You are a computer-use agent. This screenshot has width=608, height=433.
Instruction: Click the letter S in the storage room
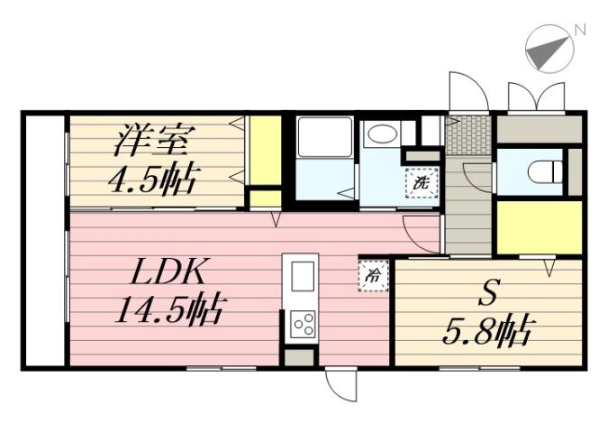tap(488, 293)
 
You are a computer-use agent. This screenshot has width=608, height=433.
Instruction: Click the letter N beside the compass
tap(580, 30)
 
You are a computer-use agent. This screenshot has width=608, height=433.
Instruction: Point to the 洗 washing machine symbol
tap(421, 182)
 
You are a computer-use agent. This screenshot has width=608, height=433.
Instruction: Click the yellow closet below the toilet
tap(539, 228)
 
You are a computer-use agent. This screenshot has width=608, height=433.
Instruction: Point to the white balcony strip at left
tap(43, 239)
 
